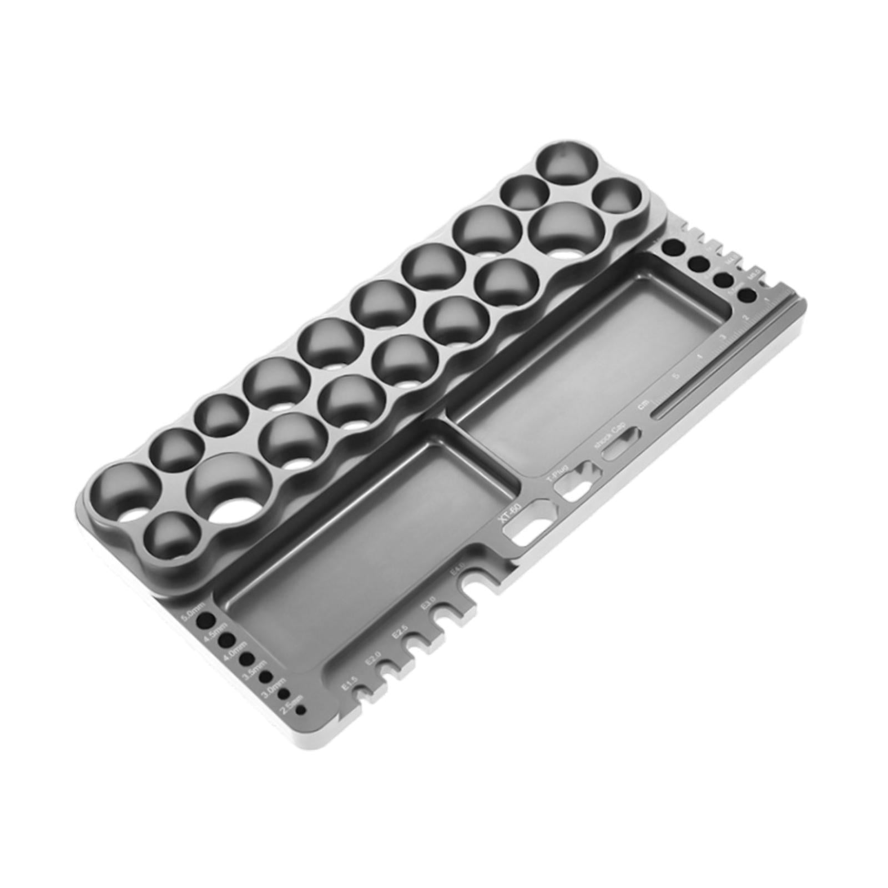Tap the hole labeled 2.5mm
pyautogui.click(x=300, y=709)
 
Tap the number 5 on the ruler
pyautogui.click(x=675, y=376)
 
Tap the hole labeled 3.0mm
pyautogui.click(x=285, y=693)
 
